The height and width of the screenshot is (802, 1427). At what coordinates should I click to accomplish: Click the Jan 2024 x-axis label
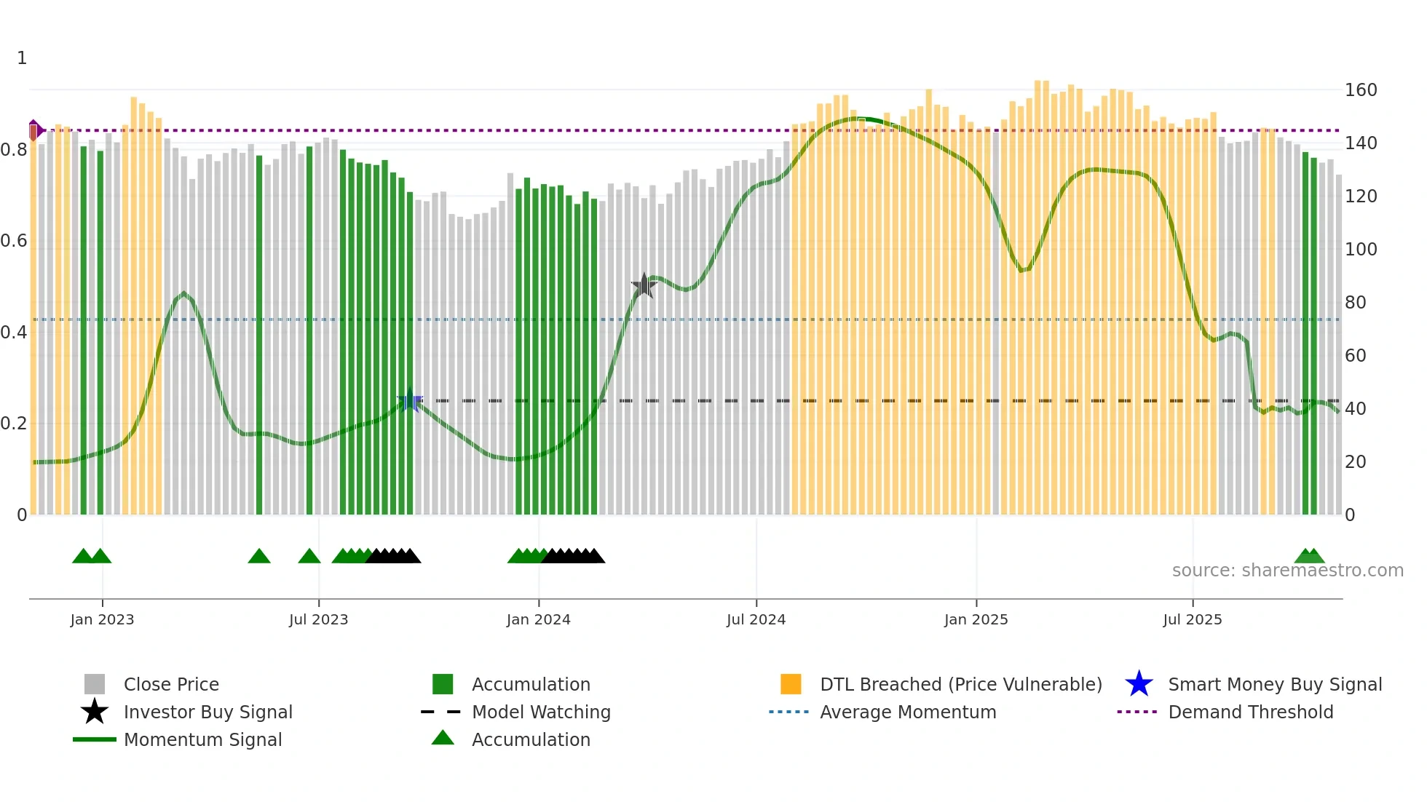(x=538, y=619)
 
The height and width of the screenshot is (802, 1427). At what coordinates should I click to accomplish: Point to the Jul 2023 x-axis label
(x=318, y=619)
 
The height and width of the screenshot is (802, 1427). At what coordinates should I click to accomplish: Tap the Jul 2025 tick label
(x=1192, y=619)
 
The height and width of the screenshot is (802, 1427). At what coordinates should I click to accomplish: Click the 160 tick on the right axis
(x=1360, y=90)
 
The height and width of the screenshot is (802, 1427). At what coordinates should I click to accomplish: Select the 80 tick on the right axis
(x=1355, y=303)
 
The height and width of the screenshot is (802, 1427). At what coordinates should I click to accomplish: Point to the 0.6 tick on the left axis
(x=14, y=241)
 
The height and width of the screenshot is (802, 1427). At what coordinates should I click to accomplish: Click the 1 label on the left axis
(x=22, y=58)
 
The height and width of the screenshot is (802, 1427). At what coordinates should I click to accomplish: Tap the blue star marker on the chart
(x=410, y=400)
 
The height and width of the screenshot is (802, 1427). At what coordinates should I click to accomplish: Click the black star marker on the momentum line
(x=644, y=286)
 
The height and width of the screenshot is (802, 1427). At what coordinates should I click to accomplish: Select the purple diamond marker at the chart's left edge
(x=34, y=130)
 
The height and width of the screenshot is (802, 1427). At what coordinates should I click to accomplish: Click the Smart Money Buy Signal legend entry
(x=1274, y=684)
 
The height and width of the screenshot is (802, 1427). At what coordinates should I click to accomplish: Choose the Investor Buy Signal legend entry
(x=207, y=712)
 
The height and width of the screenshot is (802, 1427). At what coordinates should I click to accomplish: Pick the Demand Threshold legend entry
(x=1250, y=712)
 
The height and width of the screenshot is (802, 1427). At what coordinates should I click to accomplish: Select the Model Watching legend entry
(x=540, y=712)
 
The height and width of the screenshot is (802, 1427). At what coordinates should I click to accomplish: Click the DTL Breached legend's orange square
(x=791, y=684)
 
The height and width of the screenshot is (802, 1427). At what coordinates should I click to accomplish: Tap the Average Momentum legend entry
(x=907, y=712)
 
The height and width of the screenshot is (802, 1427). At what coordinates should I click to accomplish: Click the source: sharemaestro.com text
(x=1287, y=571)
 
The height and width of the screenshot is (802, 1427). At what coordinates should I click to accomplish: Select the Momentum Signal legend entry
(x=202, y=739)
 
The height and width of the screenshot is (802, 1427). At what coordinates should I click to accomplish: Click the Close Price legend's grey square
(x=95, y=684)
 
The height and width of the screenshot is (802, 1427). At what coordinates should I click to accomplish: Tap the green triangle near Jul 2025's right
(x=1309, y=557)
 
